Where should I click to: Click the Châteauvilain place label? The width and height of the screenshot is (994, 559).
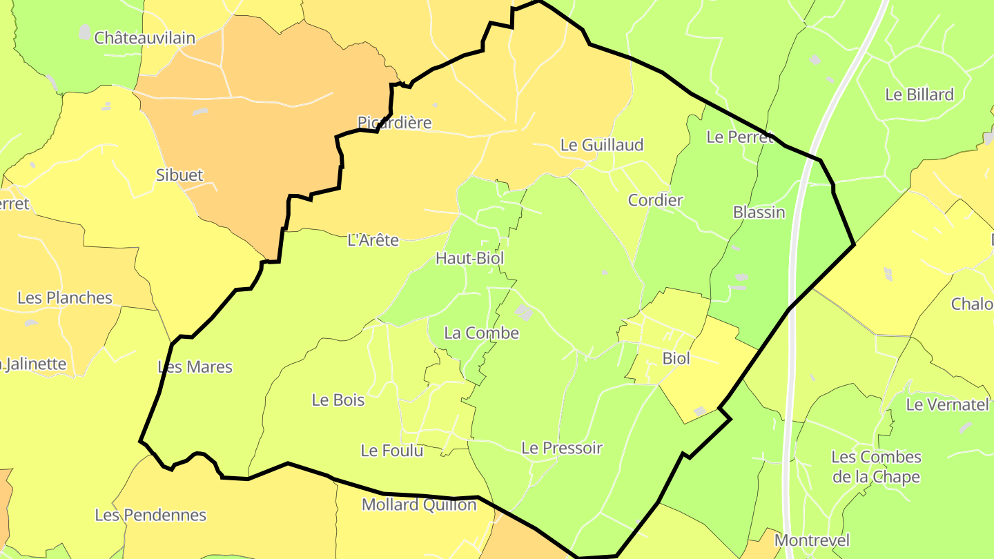click(144, 38)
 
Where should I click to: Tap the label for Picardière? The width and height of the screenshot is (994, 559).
click(394, 123)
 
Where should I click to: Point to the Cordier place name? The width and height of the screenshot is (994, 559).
click(655, 200)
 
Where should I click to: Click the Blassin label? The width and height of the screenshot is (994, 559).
click(759, 212)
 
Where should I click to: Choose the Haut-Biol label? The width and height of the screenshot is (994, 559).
click(469, 258)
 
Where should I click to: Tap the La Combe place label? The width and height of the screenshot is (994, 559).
click(481, 333)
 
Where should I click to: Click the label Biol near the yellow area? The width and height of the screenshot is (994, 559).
click(676, 358)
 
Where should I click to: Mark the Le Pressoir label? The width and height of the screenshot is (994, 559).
click(562, 448)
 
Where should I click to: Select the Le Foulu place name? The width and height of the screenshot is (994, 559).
click(391, 451)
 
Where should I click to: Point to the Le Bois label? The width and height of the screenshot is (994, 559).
click(338, 400)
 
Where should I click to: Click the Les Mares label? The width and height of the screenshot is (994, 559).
click(195, 366)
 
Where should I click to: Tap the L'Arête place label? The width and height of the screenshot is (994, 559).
click(373, 240)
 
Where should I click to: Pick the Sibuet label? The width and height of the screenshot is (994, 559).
click(179, 175)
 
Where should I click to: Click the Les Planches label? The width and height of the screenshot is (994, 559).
click(65, 298)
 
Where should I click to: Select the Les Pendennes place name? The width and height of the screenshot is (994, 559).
click(150, 515)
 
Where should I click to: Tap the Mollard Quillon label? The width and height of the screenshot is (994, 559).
click(419, 504)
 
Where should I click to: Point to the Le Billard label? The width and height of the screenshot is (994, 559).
click(919, 95)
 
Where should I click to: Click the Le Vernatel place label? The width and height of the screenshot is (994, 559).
click(947, 404)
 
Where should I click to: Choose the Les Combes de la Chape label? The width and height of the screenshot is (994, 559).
click(876, 467)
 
